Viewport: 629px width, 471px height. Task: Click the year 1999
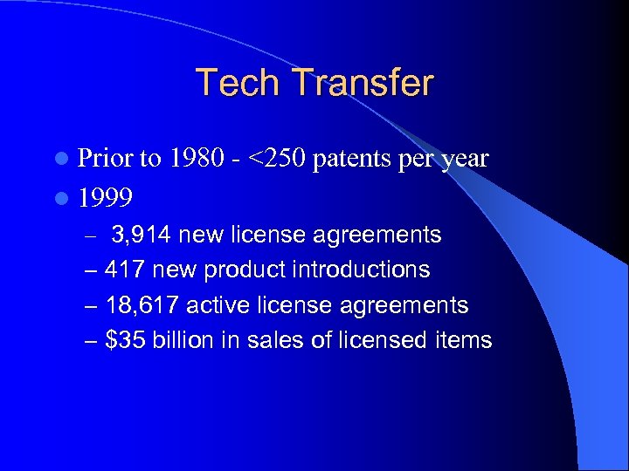coord(105,198)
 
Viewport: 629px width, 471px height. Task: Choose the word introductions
coord(359,270)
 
